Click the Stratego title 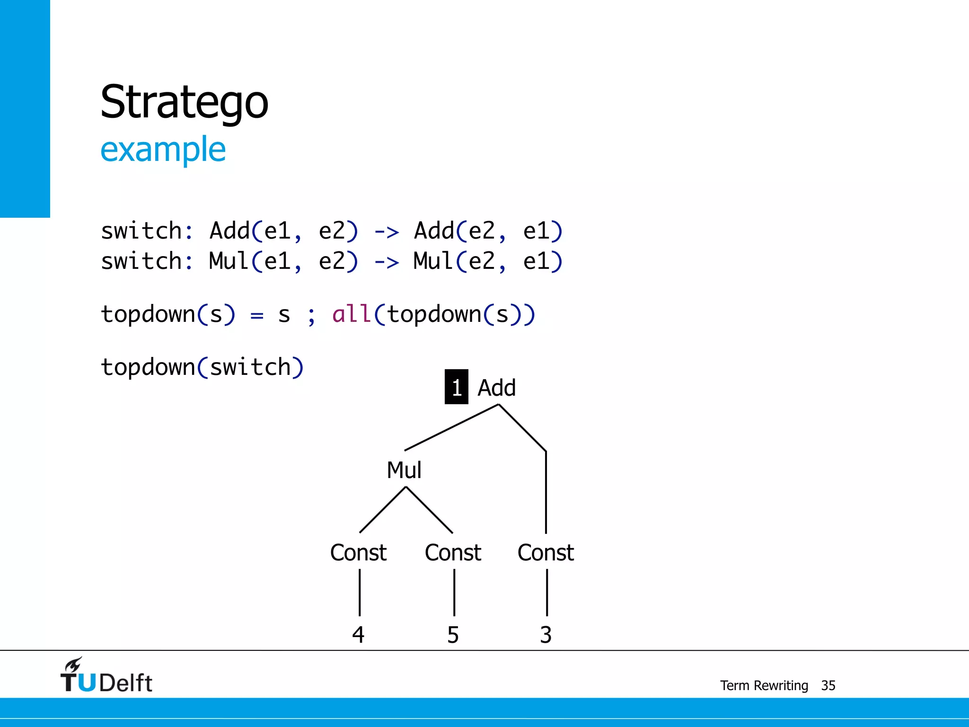(x=184, y=102)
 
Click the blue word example (x=163, y=149)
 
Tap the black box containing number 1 (x=456, y=387)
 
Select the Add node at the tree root (x=496, y=388)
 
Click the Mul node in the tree (x=404, y=470)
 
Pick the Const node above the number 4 (x=358, y=552)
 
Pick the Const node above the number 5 (x=453, y=552)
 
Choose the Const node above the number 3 (x=546, y=552)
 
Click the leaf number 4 (x=358, y=635)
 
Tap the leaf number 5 (x=453, y=635)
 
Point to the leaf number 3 (x=546, y=635)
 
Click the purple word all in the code (x=351, y=314)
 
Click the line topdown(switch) (x=202, y=367)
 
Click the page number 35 (x=828, y=685)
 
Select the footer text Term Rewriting (x=764, y=685)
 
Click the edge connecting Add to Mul (x=452, y=427)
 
